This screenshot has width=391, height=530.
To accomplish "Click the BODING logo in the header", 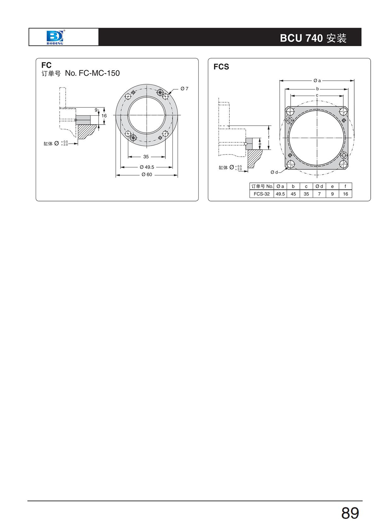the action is [x=55, y=37].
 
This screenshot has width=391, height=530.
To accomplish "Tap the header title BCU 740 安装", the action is [x=313, y=38].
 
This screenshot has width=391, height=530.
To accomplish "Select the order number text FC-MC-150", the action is [x=99, y=73].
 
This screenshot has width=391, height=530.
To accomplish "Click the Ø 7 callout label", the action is [x=184, y=89].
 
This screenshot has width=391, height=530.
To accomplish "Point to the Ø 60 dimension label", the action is [x=147, y=175].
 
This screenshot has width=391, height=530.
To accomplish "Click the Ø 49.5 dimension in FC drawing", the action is [x=147, y=167].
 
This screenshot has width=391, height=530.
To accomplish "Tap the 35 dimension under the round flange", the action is [x=146, y=157].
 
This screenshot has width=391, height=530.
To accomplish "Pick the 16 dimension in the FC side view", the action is [x=104, y=116].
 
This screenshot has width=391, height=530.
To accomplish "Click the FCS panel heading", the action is [x=221, y=67].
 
